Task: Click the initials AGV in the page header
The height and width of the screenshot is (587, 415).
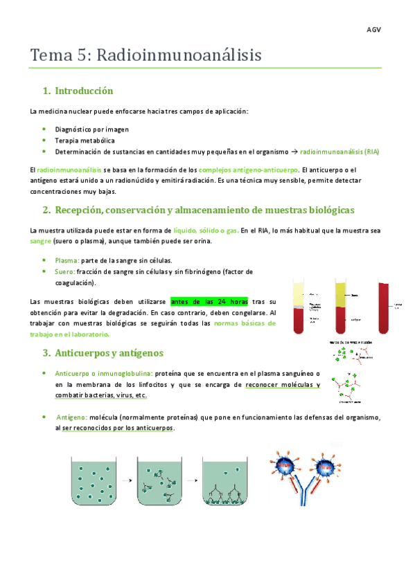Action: tap(374, 31)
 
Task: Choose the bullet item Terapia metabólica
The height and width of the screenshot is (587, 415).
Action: tap(85, 140)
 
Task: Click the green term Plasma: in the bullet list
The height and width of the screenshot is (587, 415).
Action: tap(67, 260)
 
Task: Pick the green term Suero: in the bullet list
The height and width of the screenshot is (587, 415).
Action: tap(66, 271)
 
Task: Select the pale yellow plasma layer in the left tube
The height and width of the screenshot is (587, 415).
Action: tap(298, 294)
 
